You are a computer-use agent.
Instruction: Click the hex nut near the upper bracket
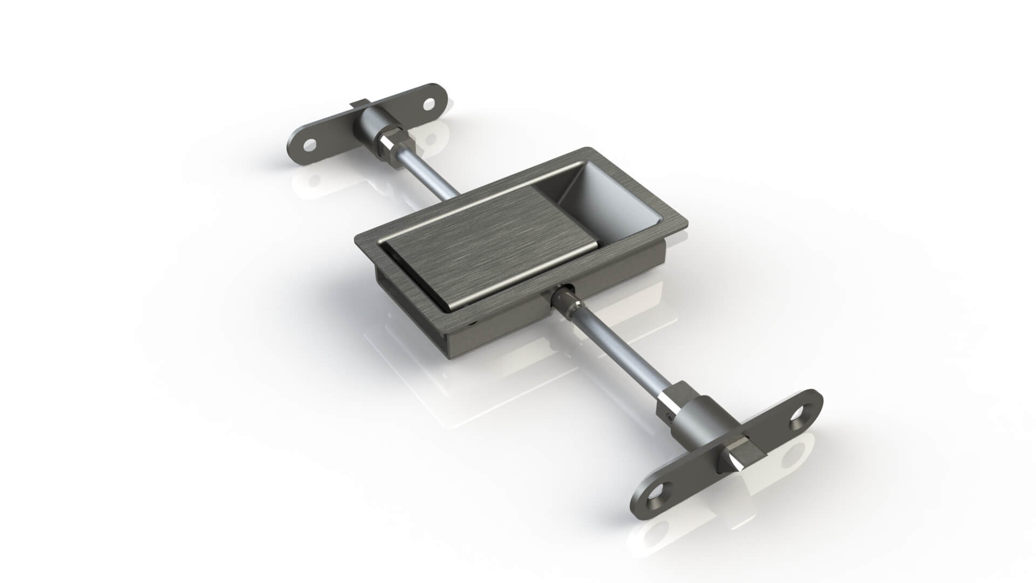point(394,145)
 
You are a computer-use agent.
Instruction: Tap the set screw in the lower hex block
point(669,416)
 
